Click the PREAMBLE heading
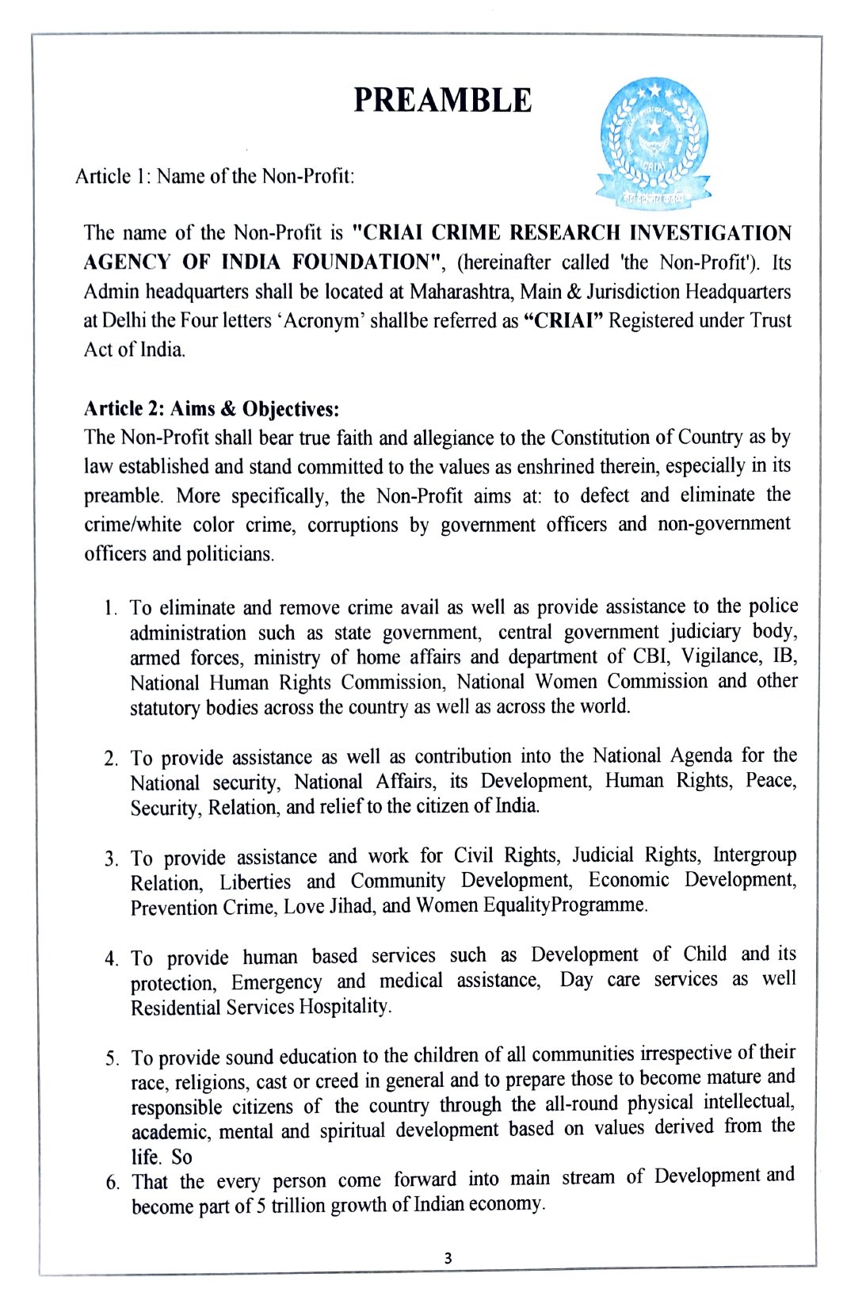coord(442,101)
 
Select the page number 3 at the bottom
coord(448,1258)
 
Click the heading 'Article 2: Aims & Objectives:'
coord(212,409)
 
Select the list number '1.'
coord(112,609)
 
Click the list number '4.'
coord(111,958)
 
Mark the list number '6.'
coord(113,1183)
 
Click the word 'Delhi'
coord(124,321)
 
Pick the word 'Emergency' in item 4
coord(277,982)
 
